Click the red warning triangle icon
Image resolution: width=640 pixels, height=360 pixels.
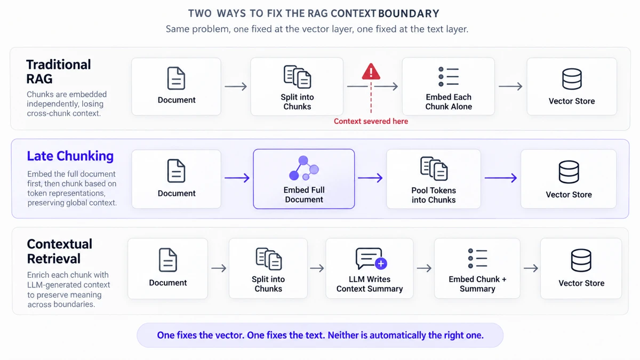[x=371, y=71]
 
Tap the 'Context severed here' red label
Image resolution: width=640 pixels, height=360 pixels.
[x=371, y=121]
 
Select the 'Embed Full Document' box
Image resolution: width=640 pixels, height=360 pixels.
[x=303, y=179]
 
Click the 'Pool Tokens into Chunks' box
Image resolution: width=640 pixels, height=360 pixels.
[x=434, y=179]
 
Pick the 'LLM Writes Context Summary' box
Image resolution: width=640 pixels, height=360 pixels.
[x=370, y=269]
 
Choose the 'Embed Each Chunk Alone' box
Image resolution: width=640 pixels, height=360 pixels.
[x=449, y=86]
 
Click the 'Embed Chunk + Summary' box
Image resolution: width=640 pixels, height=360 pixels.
[x=477, y=269]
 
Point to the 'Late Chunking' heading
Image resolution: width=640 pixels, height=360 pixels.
[x=70, y=156]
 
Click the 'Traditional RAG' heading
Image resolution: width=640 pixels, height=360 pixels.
[x=59, y=71]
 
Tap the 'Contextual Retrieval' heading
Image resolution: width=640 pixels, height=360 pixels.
[x=59, y=251]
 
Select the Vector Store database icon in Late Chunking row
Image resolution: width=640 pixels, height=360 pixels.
[x=569, y=172]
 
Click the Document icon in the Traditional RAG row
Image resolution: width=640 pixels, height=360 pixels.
[x=176, y=78]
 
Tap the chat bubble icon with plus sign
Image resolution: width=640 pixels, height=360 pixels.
[x=371, y=259]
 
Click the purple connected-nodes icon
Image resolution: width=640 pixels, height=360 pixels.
[x=303, y=168]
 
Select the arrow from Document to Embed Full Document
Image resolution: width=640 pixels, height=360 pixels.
[x=237, y=178]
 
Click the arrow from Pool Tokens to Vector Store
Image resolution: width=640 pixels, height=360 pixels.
[x=501, y=178]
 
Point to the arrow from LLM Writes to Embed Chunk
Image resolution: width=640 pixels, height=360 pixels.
[x=424, y=268]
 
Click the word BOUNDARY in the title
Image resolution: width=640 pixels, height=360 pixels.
[x=409, y=13]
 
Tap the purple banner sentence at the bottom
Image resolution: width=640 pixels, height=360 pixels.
[x=321, y=335]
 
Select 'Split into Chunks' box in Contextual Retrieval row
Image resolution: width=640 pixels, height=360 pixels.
[x=268, y=269]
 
